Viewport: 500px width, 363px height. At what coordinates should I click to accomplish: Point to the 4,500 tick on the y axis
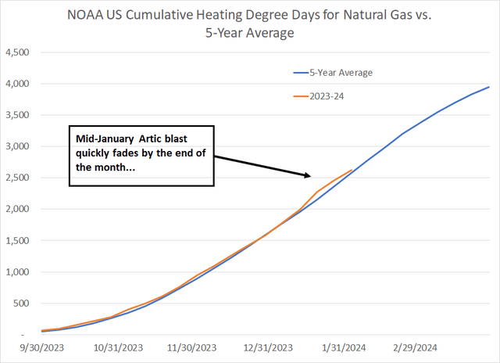click(17, 52)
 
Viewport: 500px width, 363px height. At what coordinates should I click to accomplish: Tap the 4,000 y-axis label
click(17, 84)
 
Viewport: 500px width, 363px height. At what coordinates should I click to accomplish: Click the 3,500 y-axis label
click(17, 115)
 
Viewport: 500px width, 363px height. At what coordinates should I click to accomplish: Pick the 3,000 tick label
click(17, 146)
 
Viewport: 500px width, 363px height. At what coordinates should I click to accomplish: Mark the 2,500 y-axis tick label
click(17, 178)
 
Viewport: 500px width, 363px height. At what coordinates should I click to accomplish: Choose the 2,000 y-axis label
click(17, 210)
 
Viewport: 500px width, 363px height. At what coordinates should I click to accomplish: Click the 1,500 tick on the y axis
click(17, 241)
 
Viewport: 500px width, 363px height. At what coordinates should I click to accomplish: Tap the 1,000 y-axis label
click(17, 272)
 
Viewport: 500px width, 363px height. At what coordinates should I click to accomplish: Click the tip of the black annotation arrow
click(312, 174)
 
